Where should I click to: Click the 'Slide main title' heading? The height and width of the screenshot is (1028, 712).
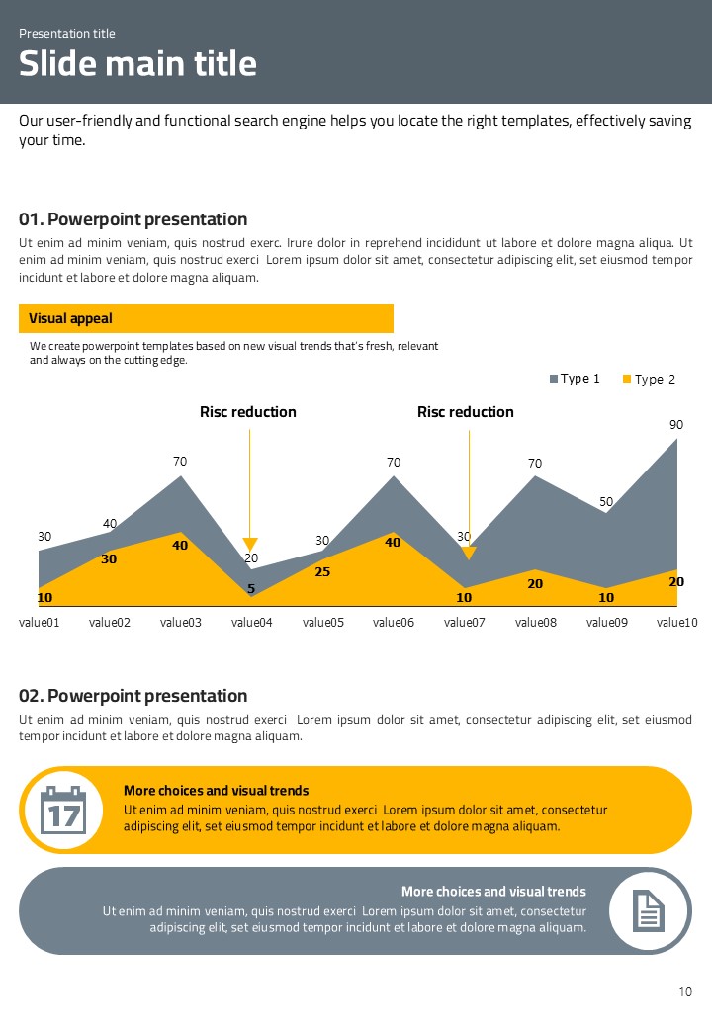coord(137,63)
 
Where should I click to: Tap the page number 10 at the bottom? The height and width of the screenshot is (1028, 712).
coord(685,992)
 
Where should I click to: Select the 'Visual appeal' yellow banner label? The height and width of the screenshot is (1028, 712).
coord(70,318)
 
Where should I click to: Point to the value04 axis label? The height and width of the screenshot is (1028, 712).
coord(251,622)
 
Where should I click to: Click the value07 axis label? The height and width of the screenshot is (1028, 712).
coord(465,622)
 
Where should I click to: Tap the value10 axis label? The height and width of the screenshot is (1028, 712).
coord(677,622)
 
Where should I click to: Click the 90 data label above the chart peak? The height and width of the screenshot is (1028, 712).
coord(676,424)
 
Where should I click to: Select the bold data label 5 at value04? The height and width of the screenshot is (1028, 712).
coord(251,589)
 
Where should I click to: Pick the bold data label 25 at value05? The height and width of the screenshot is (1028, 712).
coord(321,571)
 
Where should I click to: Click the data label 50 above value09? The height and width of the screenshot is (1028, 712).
coord(606,501)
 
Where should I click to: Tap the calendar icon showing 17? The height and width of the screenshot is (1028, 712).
coord(63,810)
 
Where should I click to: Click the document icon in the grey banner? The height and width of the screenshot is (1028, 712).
coord(649,910)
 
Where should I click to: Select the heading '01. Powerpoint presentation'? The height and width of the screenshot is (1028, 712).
coord(133,219)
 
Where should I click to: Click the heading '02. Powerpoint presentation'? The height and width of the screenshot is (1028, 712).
coord(133,696)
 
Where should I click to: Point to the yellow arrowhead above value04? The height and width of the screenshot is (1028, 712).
coord(250,544)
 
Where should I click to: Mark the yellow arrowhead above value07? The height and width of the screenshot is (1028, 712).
coord(469,553)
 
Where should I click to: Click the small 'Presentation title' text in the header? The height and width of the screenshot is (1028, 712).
coord(67,34)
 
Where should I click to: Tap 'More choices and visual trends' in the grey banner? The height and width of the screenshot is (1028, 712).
coord(493,892)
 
